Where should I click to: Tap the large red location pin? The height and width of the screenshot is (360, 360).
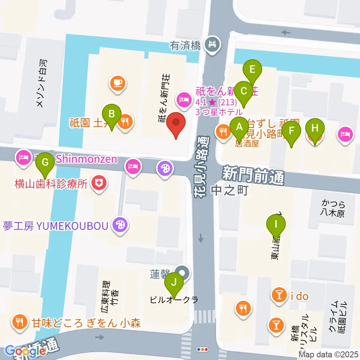click(x=175, y=124)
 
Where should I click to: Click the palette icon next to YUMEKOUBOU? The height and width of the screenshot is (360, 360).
click(x=121, y=225)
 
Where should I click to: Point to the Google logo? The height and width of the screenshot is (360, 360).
click(x=25, y=351)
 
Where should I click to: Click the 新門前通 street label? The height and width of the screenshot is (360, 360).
click(x=253, y=175)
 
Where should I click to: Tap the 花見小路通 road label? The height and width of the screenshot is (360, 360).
click(x=202, y=165)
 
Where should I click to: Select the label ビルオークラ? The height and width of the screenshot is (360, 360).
click(x=173, y=300)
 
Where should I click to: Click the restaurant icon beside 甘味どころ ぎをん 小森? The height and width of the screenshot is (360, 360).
click(x=18, y=321)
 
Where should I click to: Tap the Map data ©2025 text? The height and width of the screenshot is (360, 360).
click(x=328, y=354)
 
